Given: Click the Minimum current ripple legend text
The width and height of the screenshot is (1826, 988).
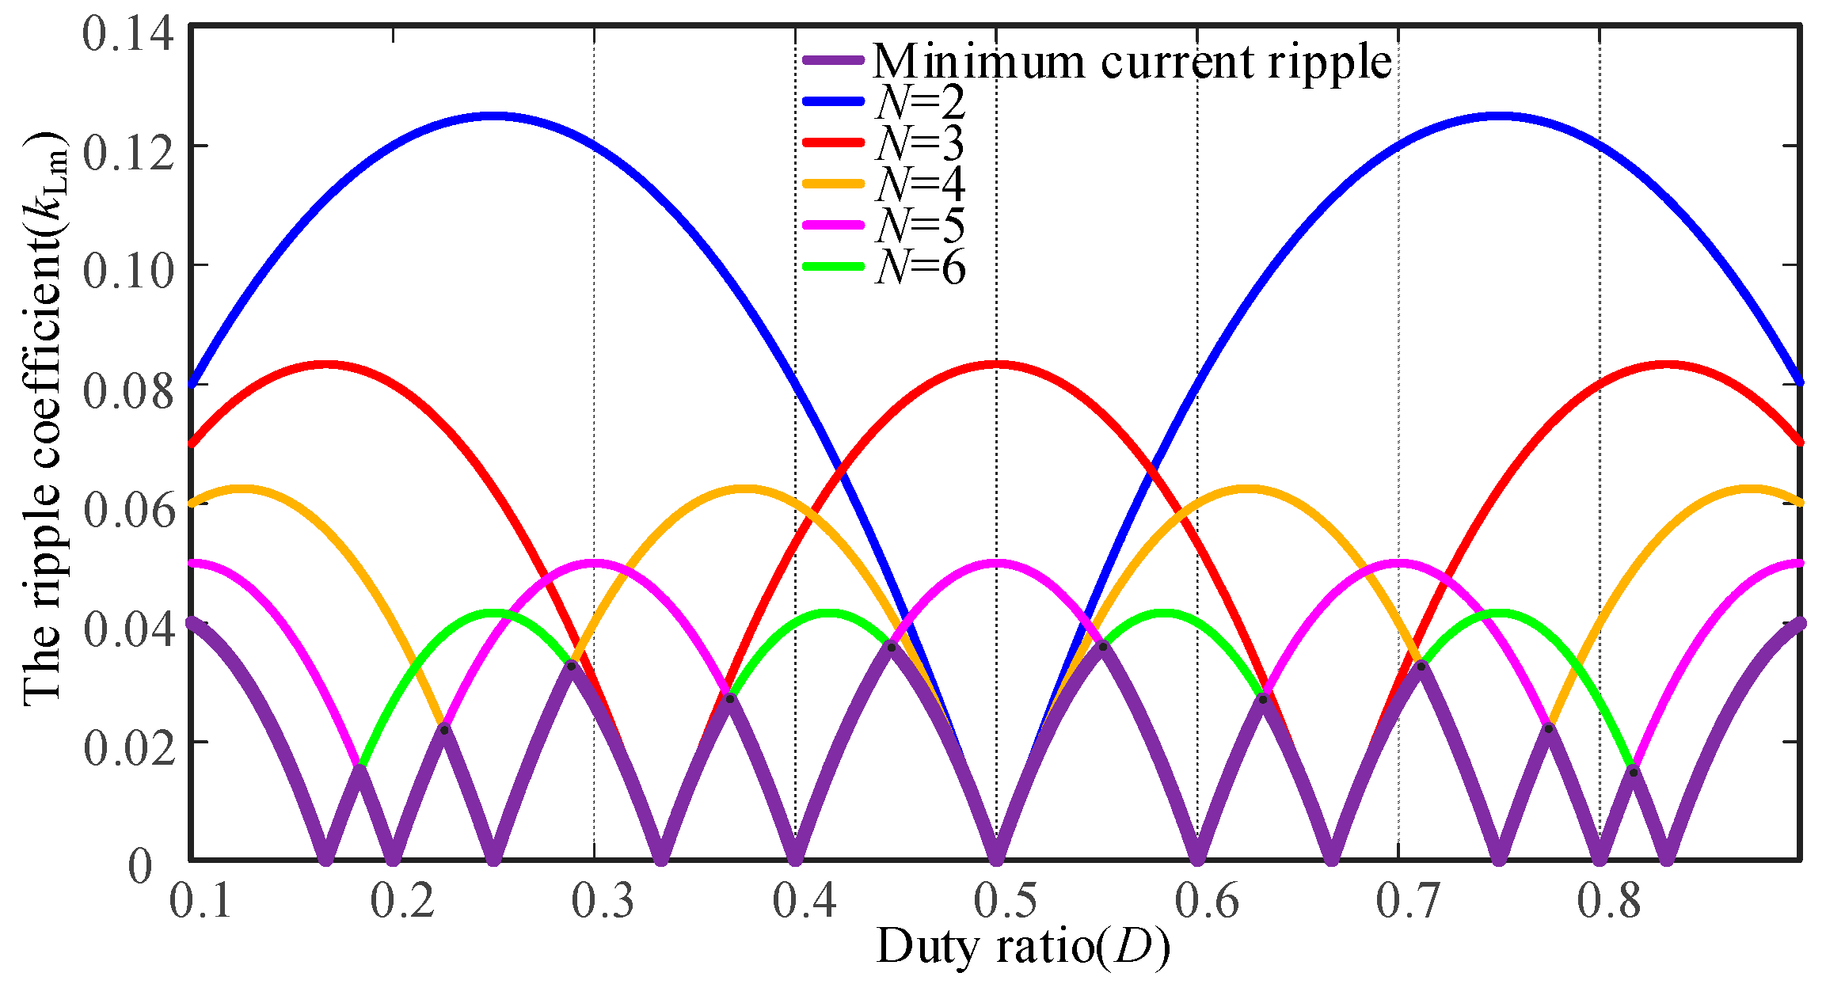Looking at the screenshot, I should click(1132, 61).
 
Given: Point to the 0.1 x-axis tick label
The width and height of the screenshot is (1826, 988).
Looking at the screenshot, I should click(201, 900).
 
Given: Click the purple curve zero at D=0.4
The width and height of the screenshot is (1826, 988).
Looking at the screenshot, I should click(796, 853).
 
